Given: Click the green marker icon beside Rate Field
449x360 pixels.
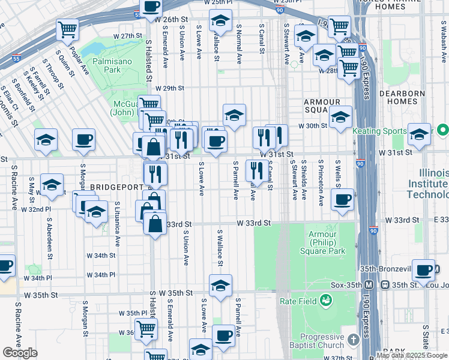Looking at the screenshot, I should [x=325, y=299].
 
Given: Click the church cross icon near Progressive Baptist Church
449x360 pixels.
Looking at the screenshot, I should [x=353, y=340].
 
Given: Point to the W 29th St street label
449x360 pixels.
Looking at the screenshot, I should [x=169, y=88].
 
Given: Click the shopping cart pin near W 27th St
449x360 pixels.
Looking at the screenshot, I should [x=68, y=29].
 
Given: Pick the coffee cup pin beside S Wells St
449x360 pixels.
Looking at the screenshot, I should [x=342, y=200].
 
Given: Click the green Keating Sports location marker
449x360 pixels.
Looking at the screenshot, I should [x=443, y=130].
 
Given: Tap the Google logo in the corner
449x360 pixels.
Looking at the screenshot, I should [x=20, y=353].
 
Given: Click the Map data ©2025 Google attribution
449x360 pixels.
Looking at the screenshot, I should [x=412, y=356].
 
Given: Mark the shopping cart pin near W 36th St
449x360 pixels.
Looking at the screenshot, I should [x=146, y=329].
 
